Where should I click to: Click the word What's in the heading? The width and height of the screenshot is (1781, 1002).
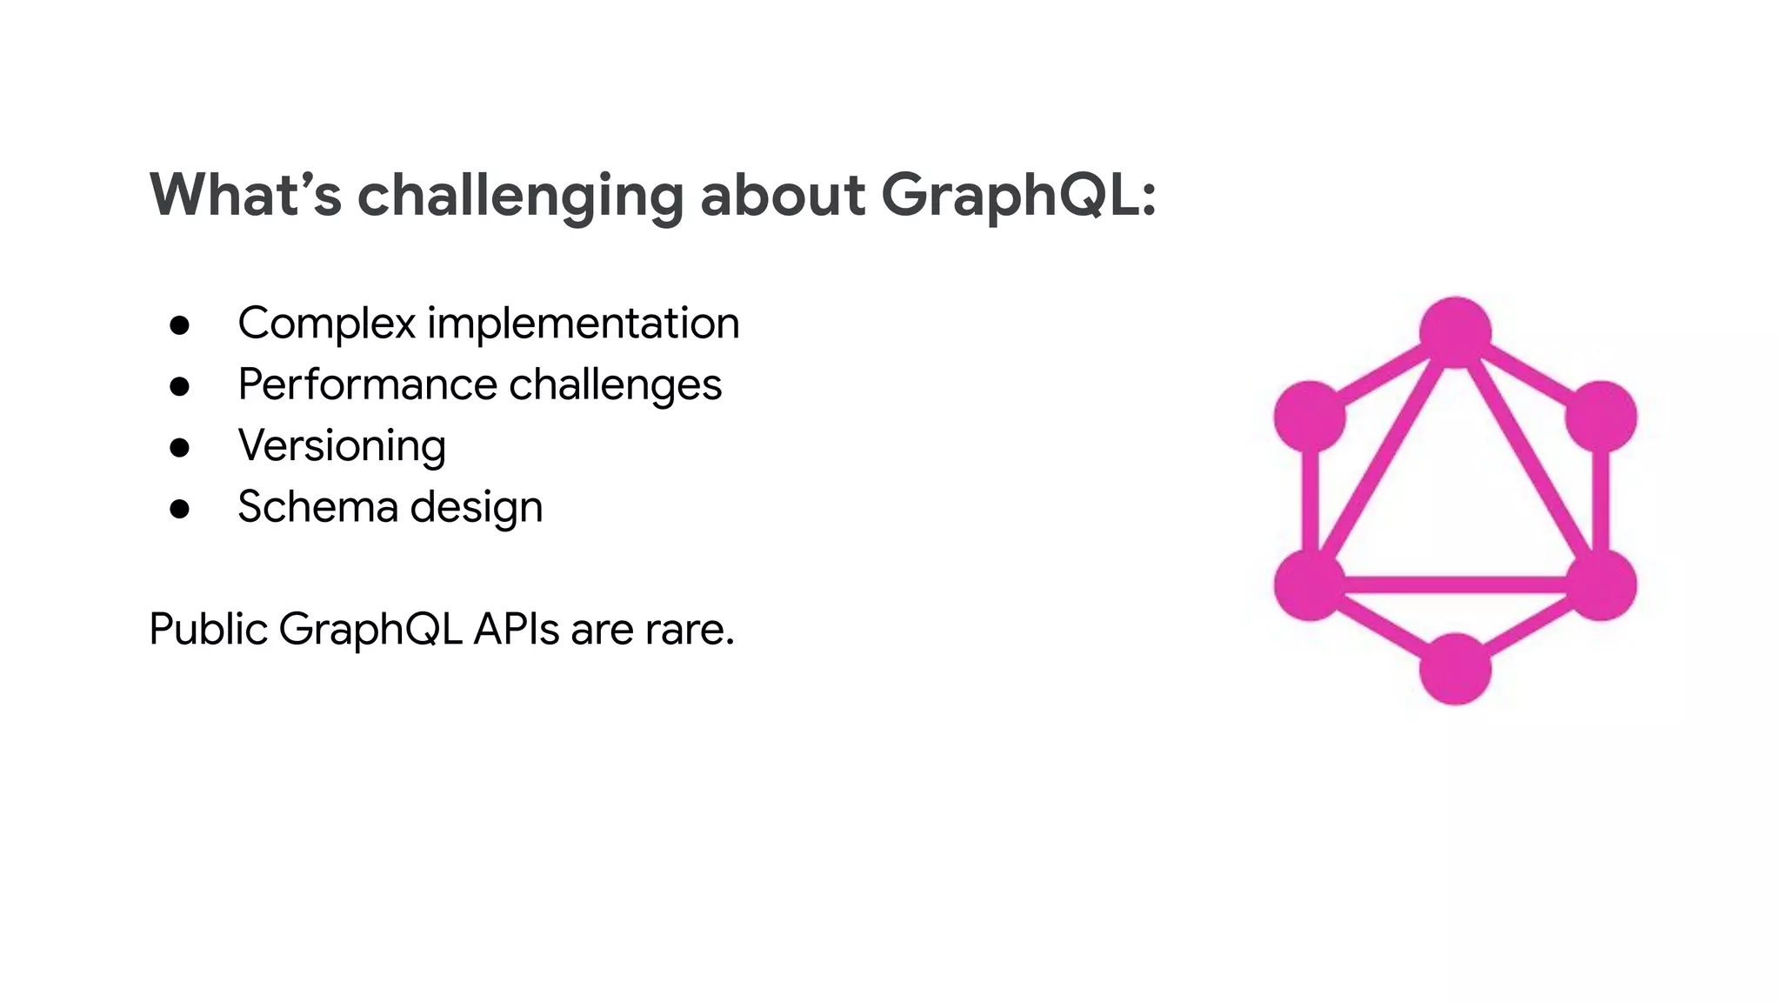pos(245,195)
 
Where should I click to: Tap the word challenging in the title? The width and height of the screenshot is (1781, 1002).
pos(520,197)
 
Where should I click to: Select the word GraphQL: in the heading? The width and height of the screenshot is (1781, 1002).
pos(1018,195)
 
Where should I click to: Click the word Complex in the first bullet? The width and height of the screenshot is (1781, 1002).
pos(327,324)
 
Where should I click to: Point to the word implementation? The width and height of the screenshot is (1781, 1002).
pos(583,324)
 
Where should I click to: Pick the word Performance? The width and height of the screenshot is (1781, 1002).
pos(368,384)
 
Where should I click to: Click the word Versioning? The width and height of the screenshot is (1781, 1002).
pos(342,446)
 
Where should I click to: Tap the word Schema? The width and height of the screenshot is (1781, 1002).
pos(317,507)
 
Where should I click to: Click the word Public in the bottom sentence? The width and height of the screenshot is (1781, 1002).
pos(209,629)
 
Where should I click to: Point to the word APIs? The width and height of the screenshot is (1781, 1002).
pos(517,629)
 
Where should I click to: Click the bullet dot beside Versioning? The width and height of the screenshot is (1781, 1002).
pos(180,448)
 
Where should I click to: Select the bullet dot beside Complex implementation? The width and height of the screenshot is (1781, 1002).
pos(180,325)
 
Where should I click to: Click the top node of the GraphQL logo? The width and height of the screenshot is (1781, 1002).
pos(1455,332)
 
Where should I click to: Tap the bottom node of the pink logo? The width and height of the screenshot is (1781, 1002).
pos(1455,669)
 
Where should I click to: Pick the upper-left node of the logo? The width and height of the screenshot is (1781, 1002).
pos(1310,417)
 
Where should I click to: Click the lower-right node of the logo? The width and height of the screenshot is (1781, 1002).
pos(1601,584)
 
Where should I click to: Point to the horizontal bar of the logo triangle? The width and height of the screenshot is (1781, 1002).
pos(1455,584)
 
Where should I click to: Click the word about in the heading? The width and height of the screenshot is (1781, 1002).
pos(783,195)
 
